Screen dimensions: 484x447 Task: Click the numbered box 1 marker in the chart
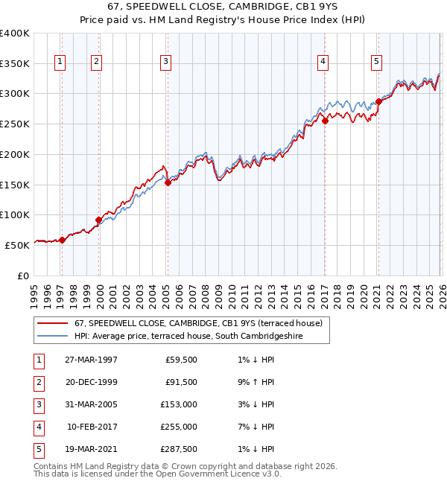(x=60, y=62)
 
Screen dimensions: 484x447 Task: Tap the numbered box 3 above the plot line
(x=165, y=62)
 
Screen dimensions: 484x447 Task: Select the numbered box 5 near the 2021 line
(x=377, y=62)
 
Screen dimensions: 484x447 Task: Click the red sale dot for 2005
(x=168, y=182)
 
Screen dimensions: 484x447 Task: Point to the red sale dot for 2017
(x=325, y=121)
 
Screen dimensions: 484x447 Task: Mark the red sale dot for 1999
(x=99, y=220)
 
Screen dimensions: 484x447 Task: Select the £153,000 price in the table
(x=179, y=404)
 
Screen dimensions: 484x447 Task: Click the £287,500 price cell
(x=179, y=449)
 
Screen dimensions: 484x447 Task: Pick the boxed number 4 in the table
(x=37, y=427)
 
